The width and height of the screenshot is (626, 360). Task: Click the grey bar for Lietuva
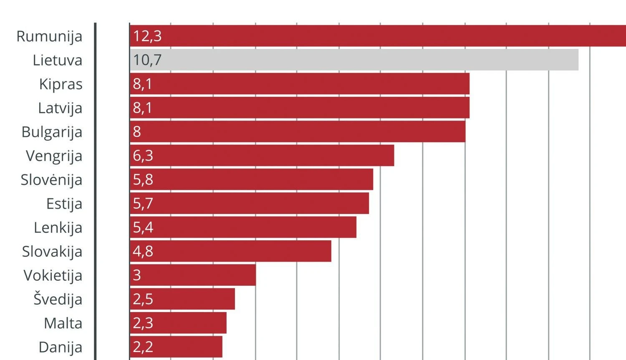[354, 60]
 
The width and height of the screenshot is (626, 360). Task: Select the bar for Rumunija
[378, 36]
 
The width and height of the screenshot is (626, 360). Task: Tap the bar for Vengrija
[262, 155]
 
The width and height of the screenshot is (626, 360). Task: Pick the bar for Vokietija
[193, 275]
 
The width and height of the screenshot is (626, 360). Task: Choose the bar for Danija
[176, 347]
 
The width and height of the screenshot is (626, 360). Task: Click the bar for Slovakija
[230, 251]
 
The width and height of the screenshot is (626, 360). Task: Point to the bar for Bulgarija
[298, 131]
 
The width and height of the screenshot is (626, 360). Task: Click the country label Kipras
[61, 84]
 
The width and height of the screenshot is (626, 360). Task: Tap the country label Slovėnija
[51, 180]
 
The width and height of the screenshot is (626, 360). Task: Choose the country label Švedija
[58, 299]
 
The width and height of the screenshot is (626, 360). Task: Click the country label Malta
[63, 323]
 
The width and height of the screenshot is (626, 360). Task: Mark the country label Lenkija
[58, 228]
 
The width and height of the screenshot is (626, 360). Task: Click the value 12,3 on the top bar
[147, 36]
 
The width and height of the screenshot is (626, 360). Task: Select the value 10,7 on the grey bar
[147, 60]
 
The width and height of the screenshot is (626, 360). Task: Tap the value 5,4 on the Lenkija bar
[143, 227]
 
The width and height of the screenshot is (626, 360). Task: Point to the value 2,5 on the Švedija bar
[143, 299]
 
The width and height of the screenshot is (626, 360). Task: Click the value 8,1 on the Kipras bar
[142, 84]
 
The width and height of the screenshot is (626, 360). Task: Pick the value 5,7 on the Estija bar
[143, 203]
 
